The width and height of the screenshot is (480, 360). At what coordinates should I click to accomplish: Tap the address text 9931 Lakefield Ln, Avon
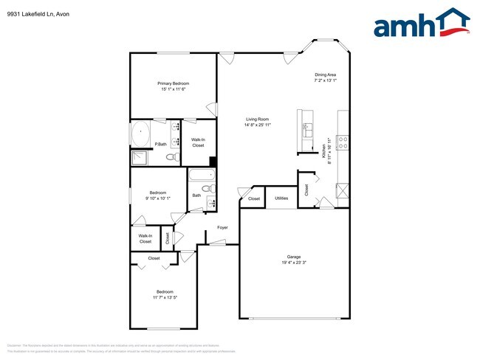(x=35, y=11)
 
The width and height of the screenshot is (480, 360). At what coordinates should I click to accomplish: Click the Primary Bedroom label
(x=173, y=83)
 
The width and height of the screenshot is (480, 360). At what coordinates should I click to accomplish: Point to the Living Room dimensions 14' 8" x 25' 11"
(x=257, y=125)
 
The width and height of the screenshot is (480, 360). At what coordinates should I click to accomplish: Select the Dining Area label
(x=325, y=75)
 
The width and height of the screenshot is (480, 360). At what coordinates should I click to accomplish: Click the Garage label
(x=293, y=257)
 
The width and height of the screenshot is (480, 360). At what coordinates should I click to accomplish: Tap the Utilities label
(x=281, y=198)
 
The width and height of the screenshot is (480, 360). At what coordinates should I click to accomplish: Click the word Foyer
(x=222, y=227)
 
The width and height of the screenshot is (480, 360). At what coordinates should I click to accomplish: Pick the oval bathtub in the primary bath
(x=141, y=134)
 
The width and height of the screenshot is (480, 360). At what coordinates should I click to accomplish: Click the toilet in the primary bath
(x=171, y=156)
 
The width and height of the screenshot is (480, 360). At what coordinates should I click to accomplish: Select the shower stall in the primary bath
(x=139, y=157)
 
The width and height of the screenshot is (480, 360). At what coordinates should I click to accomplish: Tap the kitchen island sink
(x=306, y=127)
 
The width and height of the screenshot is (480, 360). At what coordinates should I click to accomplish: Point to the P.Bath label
(x=160, y=144)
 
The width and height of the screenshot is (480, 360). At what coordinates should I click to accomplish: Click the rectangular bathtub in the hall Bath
(x=201, y=176)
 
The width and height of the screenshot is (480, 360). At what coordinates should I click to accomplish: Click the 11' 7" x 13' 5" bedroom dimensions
(x=165, y=297)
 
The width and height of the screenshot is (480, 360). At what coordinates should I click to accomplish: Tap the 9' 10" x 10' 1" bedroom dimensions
(x=159, y=198)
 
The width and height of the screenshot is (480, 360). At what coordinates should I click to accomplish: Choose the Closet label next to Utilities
(x=253, y=198)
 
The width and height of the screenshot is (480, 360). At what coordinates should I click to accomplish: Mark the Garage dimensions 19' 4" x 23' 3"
(x=293, y=263)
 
